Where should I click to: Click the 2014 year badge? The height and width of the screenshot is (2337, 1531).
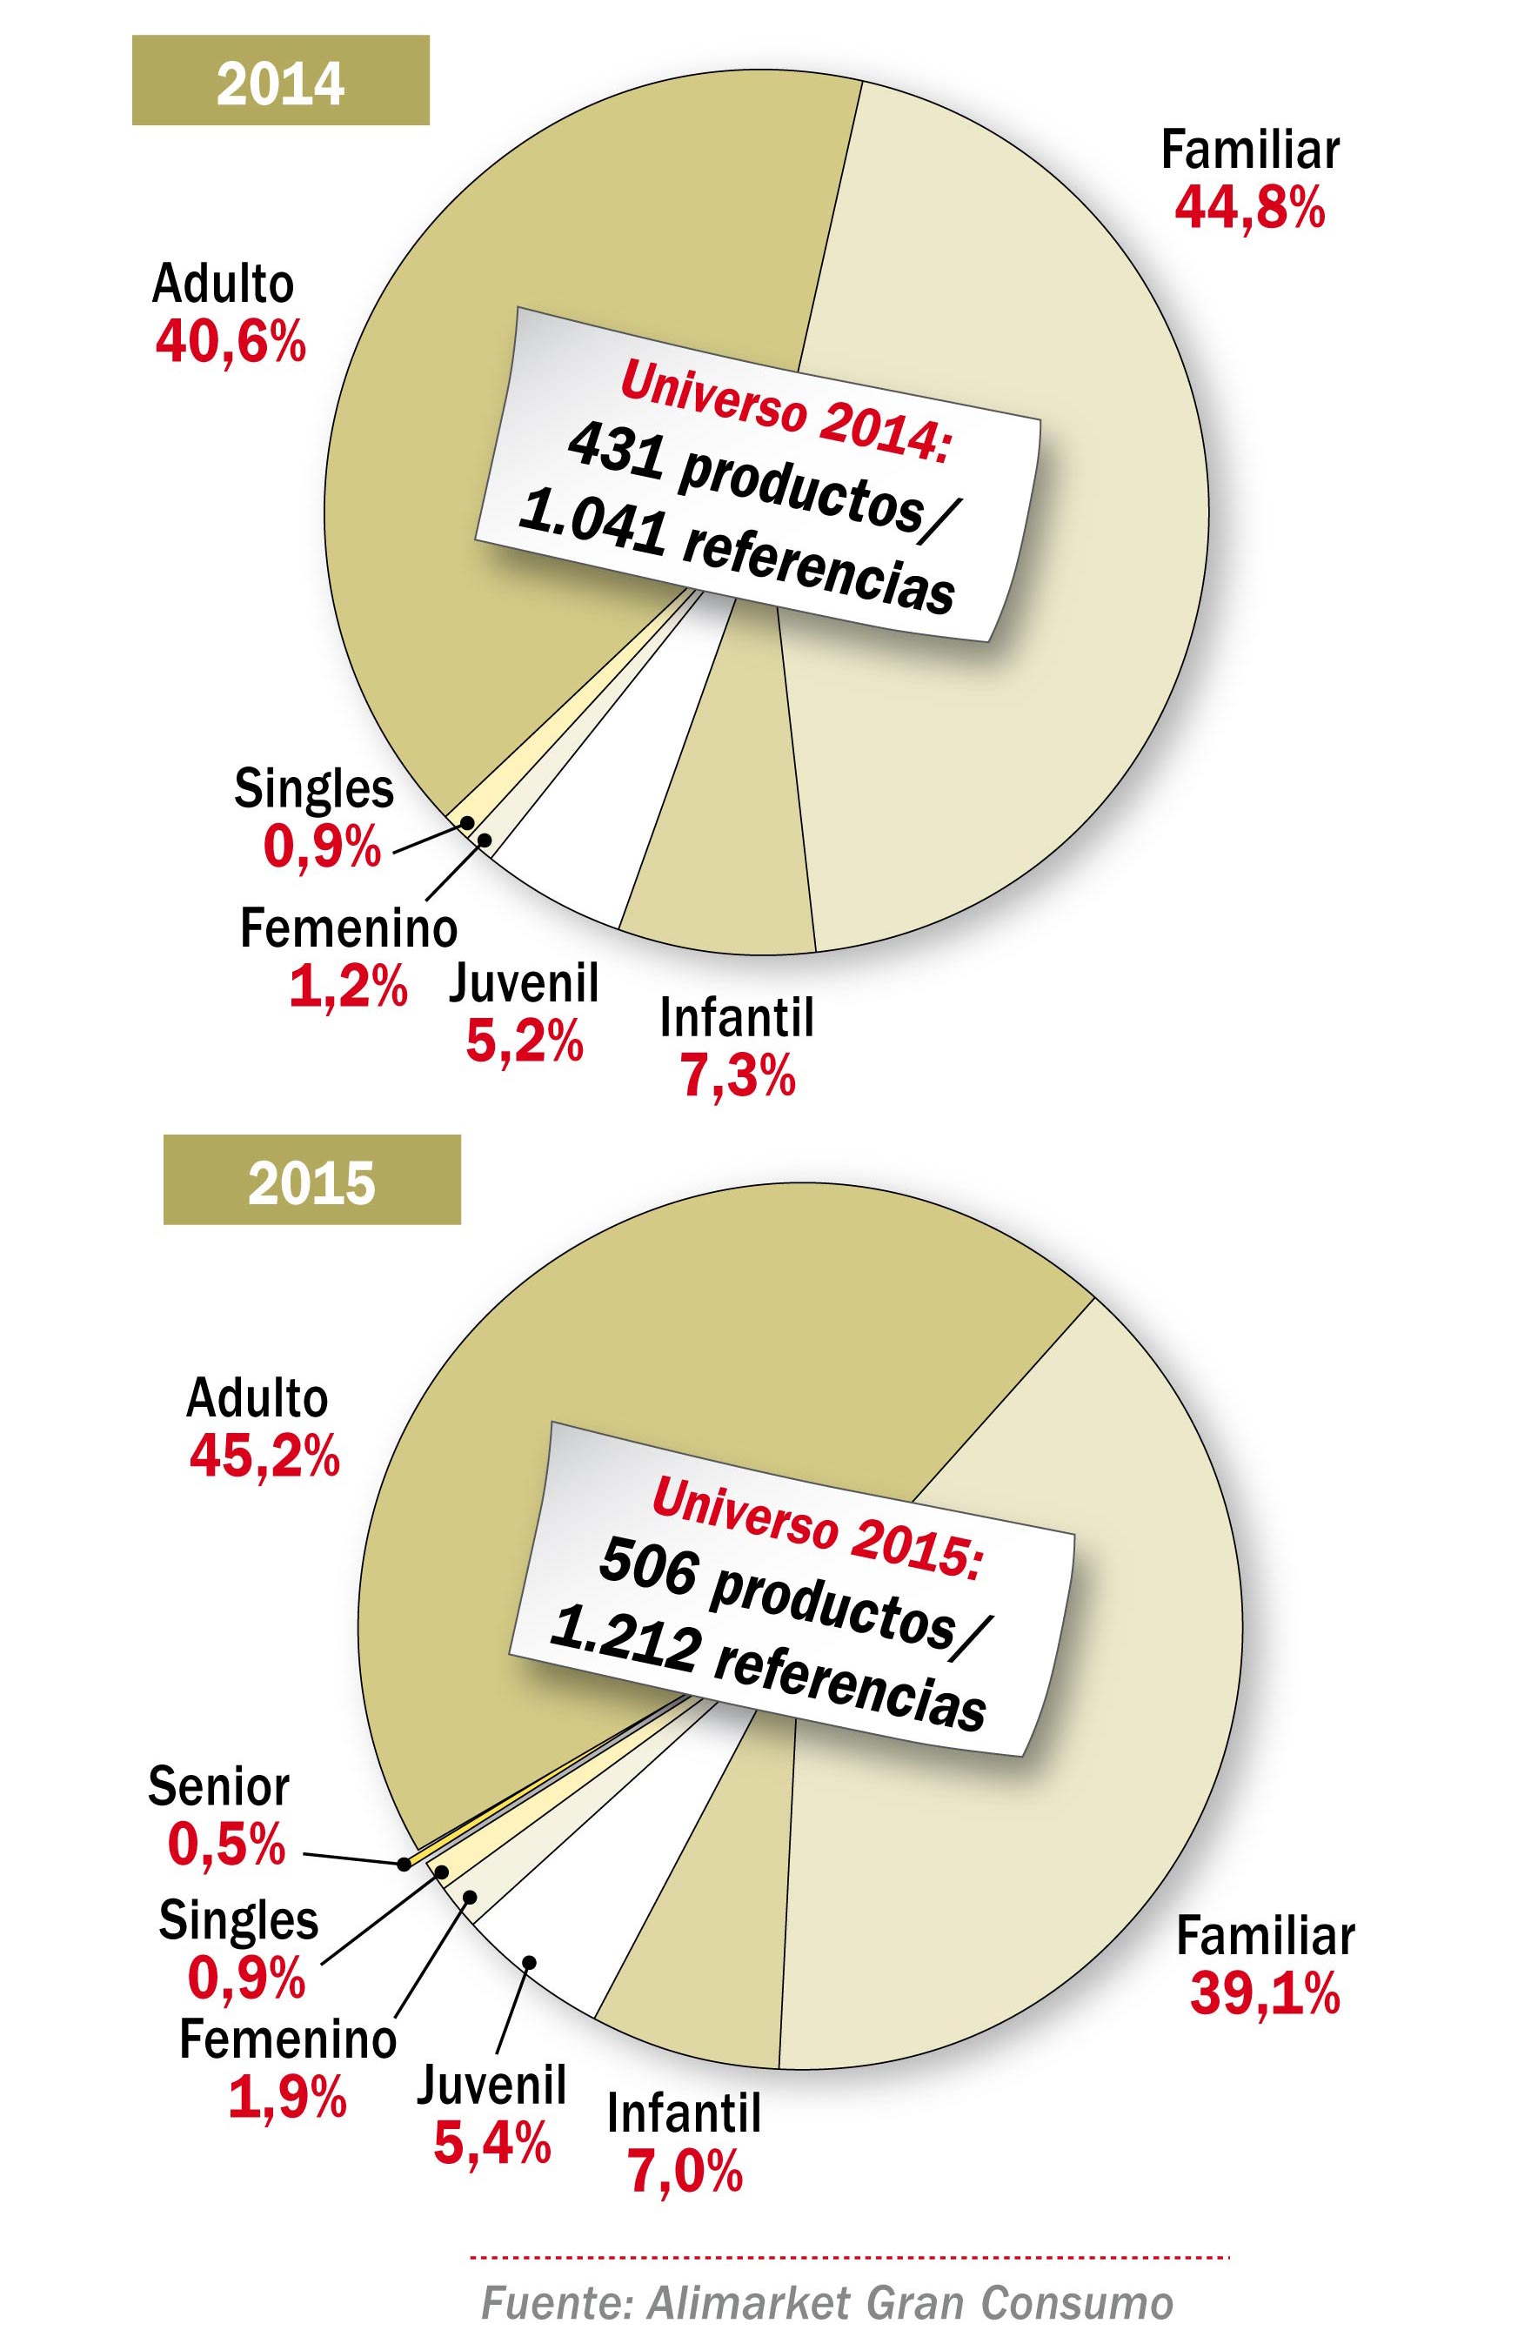click(280, 81)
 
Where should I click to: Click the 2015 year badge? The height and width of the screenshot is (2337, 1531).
click(311, 1181)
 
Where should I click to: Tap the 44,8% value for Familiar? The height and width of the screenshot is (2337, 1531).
click(1249, 208)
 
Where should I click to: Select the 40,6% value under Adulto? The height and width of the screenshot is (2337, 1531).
click(230, 343)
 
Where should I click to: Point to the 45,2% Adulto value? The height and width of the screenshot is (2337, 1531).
click(264, 1457)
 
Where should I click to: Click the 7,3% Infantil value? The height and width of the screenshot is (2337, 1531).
click(737, 1077)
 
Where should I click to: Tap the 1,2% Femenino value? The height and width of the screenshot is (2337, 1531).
click(348, 988)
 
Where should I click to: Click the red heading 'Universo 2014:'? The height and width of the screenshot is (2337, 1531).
click(784, 411)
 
